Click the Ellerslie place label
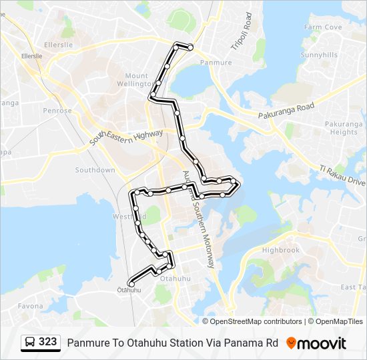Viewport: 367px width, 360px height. tap(38, 46)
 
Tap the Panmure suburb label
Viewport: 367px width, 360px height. tap(216, 62)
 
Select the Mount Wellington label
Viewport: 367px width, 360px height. tap(136, 80)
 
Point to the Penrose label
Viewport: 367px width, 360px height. tap(57, 111)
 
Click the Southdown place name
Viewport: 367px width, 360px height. tap(95, 170)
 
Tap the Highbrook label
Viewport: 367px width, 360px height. tap(281, 250)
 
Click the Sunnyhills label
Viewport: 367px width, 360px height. tap(319, 55)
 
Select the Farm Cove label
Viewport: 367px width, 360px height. tap(323, 27)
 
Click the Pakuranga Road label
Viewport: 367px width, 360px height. tap(286, 111)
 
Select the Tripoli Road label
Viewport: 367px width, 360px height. tap(246, 31)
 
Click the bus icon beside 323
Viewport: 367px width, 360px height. tap(31, 343)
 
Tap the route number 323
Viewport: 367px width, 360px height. tap(47, 342)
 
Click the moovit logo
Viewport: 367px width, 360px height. tap(316, 343)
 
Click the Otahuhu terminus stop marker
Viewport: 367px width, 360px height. tap(131, 285)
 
